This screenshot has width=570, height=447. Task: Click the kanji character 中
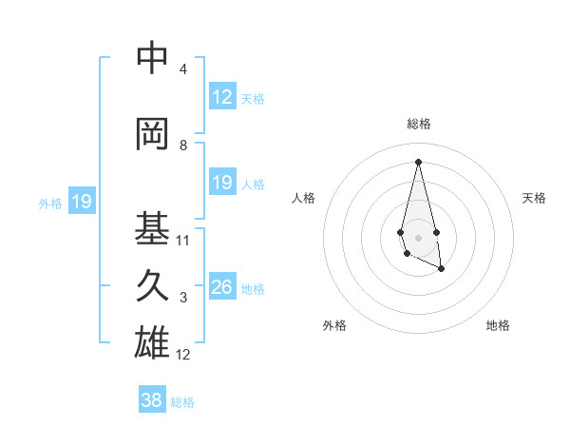coord(152,59)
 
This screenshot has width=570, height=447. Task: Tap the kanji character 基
coord(152,228)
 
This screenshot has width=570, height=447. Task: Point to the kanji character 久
coord(152,285)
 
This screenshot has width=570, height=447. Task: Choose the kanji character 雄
coord(152,342)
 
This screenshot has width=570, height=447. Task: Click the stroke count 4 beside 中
coord(182,69)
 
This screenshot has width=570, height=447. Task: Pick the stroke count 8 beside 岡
coord(182,146)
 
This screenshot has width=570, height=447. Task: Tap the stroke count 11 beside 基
coord(183,241)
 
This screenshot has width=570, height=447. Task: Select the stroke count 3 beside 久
coord(182,298)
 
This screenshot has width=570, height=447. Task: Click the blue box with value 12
coord(222,97)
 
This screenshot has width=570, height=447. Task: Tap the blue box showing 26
coord(222,287)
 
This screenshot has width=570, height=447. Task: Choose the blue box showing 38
coord(152,400)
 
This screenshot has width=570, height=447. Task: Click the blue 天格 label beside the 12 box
coord(253,99)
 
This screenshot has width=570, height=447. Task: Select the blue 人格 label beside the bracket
coord(253,185)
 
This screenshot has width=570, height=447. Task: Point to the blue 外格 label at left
coord(50,203)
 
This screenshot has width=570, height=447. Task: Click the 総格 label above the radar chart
coord(418,125)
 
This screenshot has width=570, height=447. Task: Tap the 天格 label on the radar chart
coord(534,198)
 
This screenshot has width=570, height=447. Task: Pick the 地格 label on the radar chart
coord(498,326)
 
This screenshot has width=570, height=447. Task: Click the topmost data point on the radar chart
coord(418,161)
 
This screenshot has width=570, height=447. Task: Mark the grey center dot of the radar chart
coord(418,236)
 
